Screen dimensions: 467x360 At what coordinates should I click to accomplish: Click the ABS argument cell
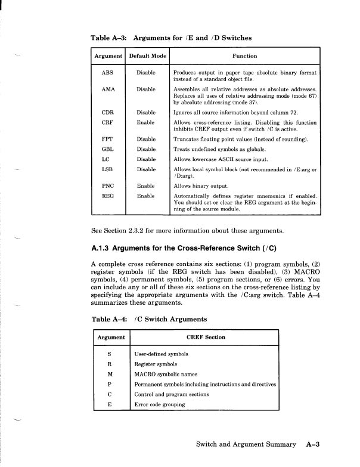point(107,72)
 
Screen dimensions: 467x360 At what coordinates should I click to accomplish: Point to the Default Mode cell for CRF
point(146,121)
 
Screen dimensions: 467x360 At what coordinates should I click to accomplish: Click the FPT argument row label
point(107,139)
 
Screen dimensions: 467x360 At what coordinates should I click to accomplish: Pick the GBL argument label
point(107,149)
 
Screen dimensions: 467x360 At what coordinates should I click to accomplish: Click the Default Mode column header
point(147,56)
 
